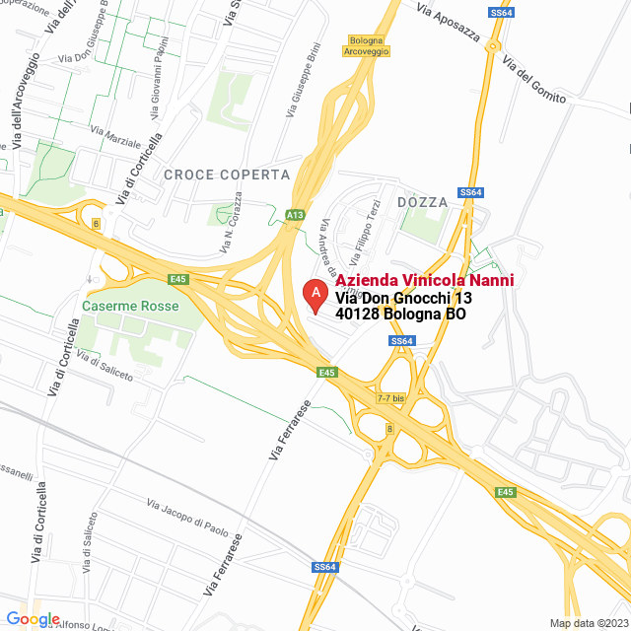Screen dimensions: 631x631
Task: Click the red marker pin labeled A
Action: [315, 295]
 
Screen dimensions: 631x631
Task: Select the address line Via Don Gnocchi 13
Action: [404, 298]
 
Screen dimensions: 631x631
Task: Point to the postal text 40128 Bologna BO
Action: [400, 315]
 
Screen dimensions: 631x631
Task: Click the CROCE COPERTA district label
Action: [228, 175]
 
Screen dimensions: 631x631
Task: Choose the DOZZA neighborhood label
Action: [422, 202]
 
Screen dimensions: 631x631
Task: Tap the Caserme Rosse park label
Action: [130, 307]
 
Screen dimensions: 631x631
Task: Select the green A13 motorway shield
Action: [295, 214]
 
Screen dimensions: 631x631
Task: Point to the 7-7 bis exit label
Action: [391, 398]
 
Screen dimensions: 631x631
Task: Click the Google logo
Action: [33, 619]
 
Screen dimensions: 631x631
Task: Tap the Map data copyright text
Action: [589, 623]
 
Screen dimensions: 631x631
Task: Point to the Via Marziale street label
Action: [115, 135]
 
